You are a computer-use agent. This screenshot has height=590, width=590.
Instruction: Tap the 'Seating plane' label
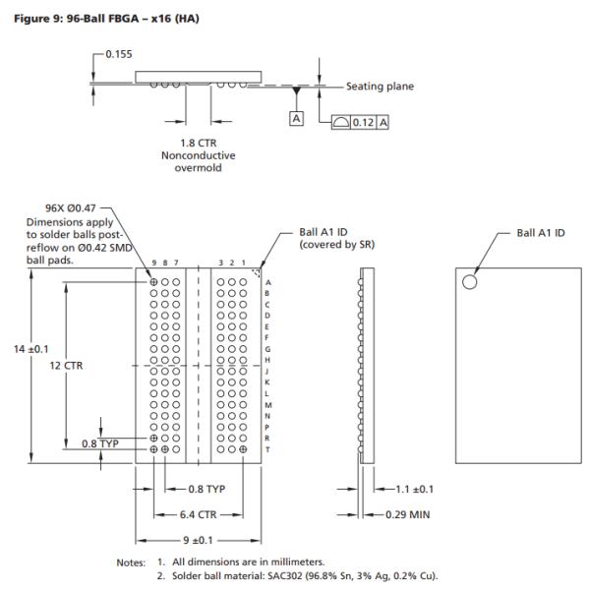point(380,87)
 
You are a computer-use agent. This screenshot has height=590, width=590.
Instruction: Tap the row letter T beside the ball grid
point(267,448)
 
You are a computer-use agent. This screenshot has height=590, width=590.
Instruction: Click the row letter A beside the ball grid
point(267,282)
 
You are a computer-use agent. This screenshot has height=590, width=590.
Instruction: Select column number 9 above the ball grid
point(154,264)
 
